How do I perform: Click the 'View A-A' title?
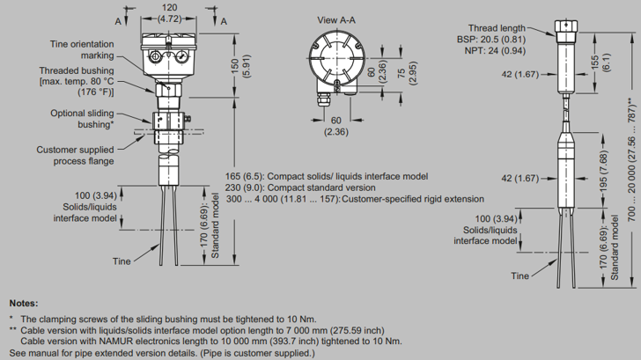[340, 19]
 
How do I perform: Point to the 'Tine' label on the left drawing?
[122, 261]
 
